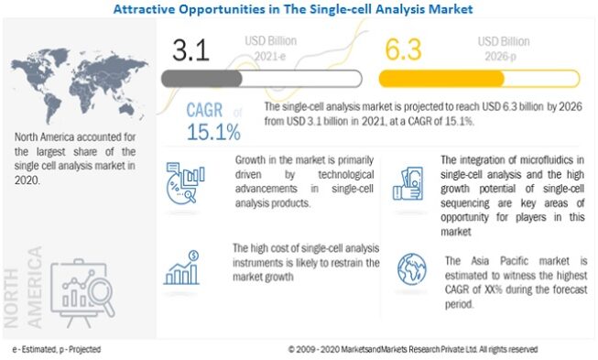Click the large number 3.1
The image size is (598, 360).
pyautogui.click(x=190, y=50)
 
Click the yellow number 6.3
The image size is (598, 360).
pyautogui.click(x=403, y=49)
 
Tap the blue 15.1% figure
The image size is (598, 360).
pyautogui.click(x=213, y=132)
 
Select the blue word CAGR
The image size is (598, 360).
pyautogui.click(x=204, y=110)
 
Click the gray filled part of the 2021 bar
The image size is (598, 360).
pyautogui.click(x=201, y=79)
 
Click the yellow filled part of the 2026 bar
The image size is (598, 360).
pyautogui.click(x=441, y=79)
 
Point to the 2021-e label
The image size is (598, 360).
pyautogui.click(x=270, y=57)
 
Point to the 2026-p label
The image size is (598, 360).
pyautogui.click(x=500, y=57)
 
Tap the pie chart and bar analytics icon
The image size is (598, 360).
pyautogui.click(x=185, y=182)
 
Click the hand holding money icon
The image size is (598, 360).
pyautogui.click(x=408, y=183)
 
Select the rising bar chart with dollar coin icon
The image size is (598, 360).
pyautogui.click(x=181, y=267)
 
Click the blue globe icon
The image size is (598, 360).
pyautogui.click(x=411, y=269)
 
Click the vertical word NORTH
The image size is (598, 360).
pyautogui.click(x=11, y=298)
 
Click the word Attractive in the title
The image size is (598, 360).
pyautogui.click(x=145, y=8)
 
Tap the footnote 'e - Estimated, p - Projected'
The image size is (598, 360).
pyautogui.click(x=57, y=349)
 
